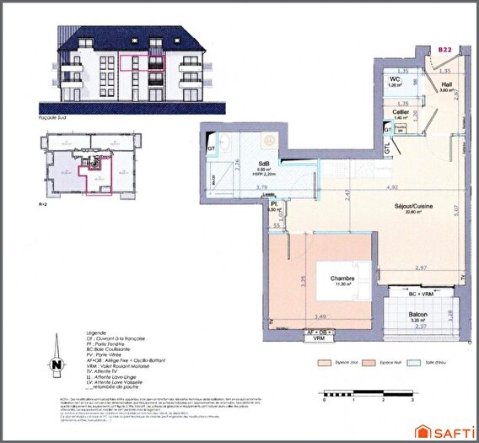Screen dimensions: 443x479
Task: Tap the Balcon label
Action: tap(419, 316)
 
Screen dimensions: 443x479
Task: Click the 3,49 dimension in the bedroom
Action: tap(320, 316)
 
